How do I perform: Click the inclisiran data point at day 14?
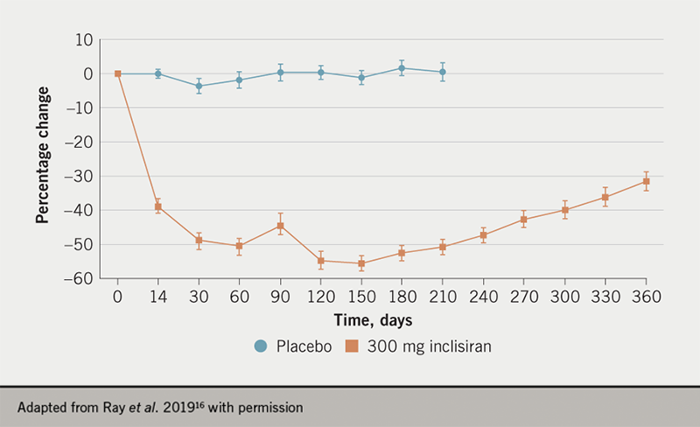(x=158, y=207)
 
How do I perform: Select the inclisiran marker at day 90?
(x=280, y=226)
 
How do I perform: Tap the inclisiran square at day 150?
(x=361, y=263)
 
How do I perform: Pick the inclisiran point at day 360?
(x=647, y=181)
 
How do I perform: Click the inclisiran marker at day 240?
(x=483, y=235)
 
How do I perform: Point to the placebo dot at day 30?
(x=199, y=86)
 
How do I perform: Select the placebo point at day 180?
(x=402, y=68)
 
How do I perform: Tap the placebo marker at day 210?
(x=443, y=72)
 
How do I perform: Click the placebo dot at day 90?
(x=280, y=73)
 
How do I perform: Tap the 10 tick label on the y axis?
(x=84, y=40)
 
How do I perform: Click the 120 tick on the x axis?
(x=320, y=297)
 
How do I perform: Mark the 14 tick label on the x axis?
(x=158, y=297)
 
